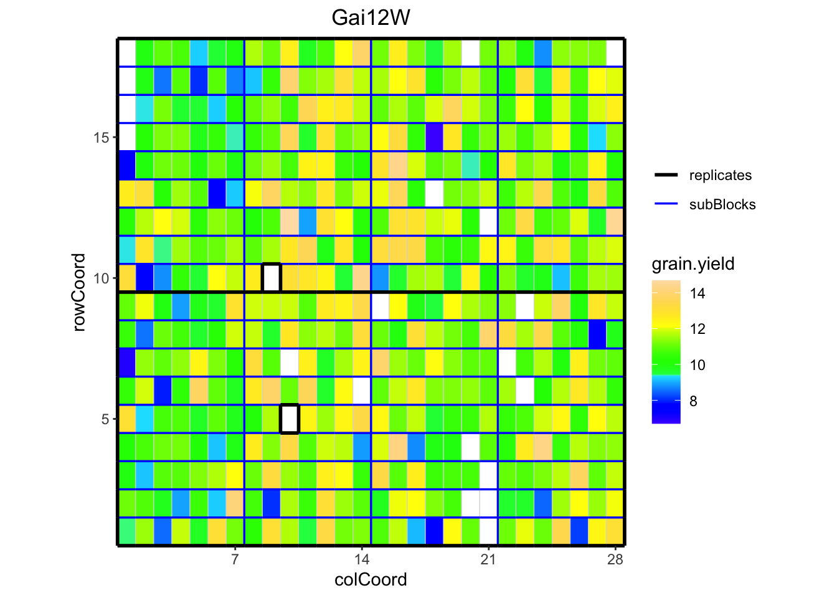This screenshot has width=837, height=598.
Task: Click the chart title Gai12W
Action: click(371, 17)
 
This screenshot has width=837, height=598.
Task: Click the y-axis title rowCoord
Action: click(79, 292)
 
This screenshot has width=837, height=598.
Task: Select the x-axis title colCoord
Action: click(371, 579)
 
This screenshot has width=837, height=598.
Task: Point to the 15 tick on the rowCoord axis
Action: click(102, 138)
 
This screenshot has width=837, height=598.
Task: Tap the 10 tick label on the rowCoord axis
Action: click(102, 278)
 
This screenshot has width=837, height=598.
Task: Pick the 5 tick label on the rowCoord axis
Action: click(105, 419)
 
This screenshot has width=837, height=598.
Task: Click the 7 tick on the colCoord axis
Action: click(235, 559)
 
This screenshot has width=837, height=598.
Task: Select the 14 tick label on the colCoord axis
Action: click(362, 559)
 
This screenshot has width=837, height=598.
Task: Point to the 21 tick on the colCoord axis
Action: click(488, 559)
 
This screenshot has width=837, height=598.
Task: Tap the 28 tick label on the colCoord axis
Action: click(615, 559)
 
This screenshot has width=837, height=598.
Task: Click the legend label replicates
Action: click(721, 176)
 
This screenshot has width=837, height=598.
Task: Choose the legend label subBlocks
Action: click(722, 204)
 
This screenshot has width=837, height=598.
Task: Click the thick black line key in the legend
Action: click(666, 176)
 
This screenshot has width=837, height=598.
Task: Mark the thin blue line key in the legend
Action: click(666, 204)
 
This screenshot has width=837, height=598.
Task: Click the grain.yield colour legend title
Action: click(693, 264)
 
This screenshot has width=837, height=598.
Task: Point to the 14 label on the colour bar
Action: click(697, 293)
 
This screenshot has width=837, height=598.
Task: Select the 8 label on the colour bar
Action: click(694, 401)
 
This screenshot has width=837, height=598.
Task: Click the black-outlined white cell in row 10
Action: click(272, 278)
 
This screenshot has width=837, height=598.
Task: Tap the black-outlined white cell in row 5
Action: click(290, 419)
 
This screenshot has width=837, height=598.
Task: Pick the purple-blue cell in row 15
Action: click(434, 137)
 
